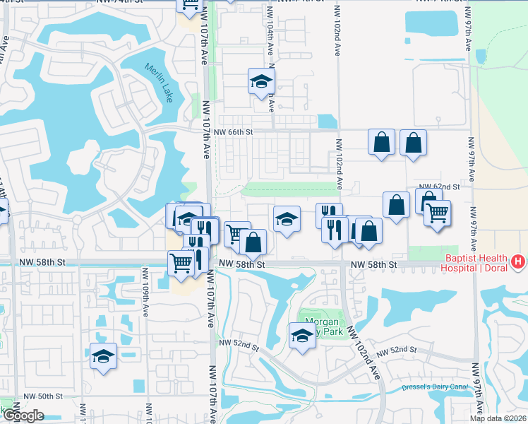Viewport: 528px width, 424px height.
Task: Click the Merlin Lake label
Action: [x=159, y=83]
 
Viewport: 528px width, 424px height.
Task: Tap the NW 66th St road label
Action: [x=232, y=131]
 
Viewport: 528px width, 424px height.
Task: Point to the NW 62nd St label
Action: [x=440, y=187]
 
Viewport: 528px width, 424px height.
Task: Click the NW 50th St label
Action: [x=42, y=397]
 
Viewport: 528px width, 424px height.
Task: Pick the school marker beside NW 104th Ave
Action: [x=261, y=81]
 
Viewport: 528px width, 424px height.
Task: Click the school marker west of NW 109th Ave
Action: [x=103, y=355]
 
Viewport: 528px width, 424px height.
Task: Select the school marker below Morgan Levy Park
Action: [x=301, y=335]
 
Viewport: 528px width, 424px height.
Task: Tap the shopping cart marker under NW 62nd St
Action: [x=437, y=211]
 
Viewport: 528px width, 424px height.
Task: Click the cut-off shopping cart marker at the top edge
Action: [x=190, y=5]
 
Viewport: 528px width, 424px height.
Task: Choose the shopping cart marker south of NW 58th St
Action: [x=181, y=263]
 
